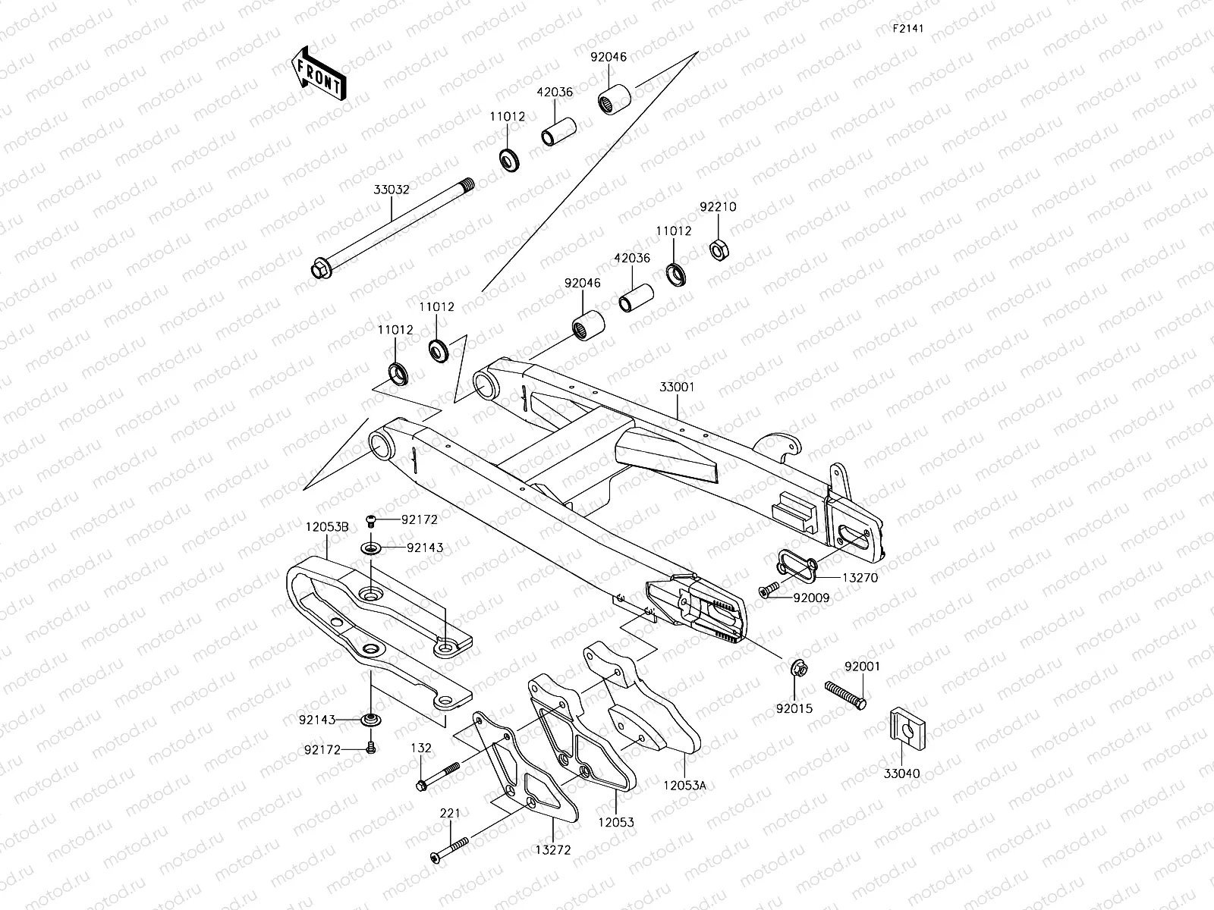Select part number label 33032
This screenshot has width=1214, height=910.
(392, 190)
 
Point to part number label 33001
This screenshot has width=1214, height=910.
(677, 387)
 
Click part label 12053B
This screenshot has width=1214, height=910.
(327, 526)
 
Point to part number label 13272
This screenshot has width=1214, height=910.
(552, 850)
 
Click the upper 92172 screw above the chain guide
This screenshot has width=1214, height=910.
(371, 519)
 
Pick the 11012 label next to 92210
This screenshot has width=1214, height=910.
(675, 231)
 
